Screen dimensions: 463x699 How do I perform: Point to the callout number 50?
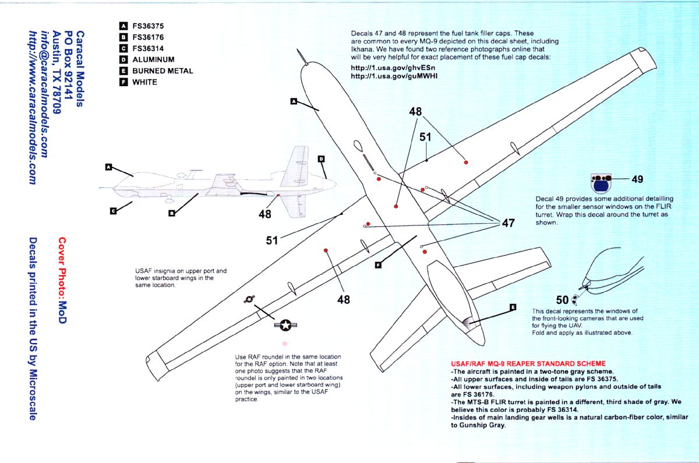(x=562, y=300)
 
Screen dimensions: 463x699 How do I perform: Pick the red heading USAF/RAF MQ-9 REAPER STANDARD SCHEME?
(x=528, y=364)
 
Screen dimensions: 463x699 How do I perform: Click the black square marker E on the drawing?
(x=513, y=307)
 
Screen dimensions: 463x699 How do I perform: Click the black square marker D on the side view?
(x=321, y=158)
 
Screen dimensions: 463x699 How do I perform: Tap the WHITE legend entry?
(x=144, y=82)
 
